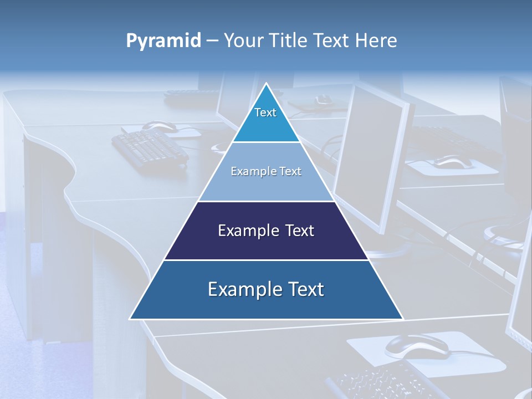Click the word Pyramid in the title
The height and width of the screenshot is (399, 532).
click(163, 41)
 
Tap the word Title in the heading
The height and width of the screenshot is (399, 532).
click(290, 41)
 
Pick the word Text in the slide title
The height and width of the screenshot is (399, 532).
click(333, 41)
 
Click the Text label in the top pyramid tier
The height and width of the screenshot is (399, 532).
click(265, 112)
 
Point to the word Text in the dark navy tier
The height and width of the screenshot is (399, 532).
click(300, 231)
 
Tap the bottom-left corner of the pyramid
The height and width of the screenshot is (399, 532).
click(130, 319)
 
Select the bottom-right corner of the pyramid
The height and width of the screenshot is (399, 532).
click(403, 319)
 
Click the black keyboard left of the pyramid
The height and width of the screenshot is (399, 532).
click(150, 147)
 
